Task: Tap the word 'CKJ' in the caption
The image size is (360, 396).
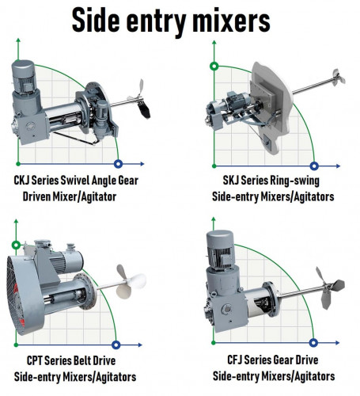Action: (25, 181)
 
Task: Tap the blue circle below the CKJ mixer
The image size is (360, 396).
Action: (118, 164)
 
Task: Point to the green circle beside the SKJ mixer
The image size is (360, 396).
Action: (212, 66)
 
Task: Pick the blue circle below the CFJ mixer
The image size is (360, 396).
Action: (314, 343)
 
